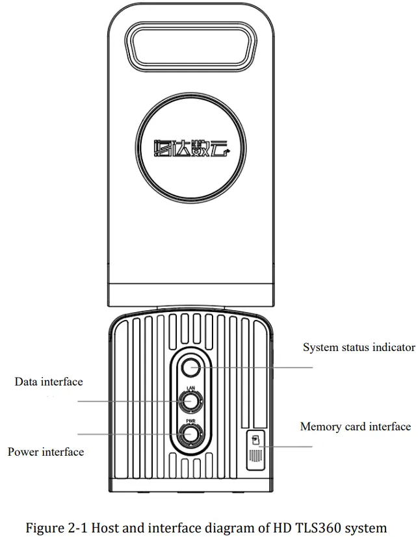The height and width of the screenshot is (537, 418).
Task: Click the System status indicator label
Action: point(359,347)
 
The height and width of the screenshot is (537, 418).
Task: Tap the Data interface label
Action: point(49,382)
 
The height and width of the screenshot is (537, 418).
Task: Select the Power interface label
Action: point(46,451)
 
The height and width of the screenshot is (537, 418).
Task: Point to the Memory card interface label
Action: point(355,427)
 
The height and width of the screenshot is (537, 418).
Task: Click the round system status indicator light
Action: point(190,367)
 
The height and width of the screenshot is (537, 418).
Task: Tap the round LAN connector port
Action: point(190,401)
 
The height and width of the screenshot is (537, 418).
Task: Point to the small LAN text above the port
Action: point(190,387)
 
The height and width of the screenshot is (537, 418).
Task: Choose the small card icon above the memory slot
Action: point(255,439)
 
